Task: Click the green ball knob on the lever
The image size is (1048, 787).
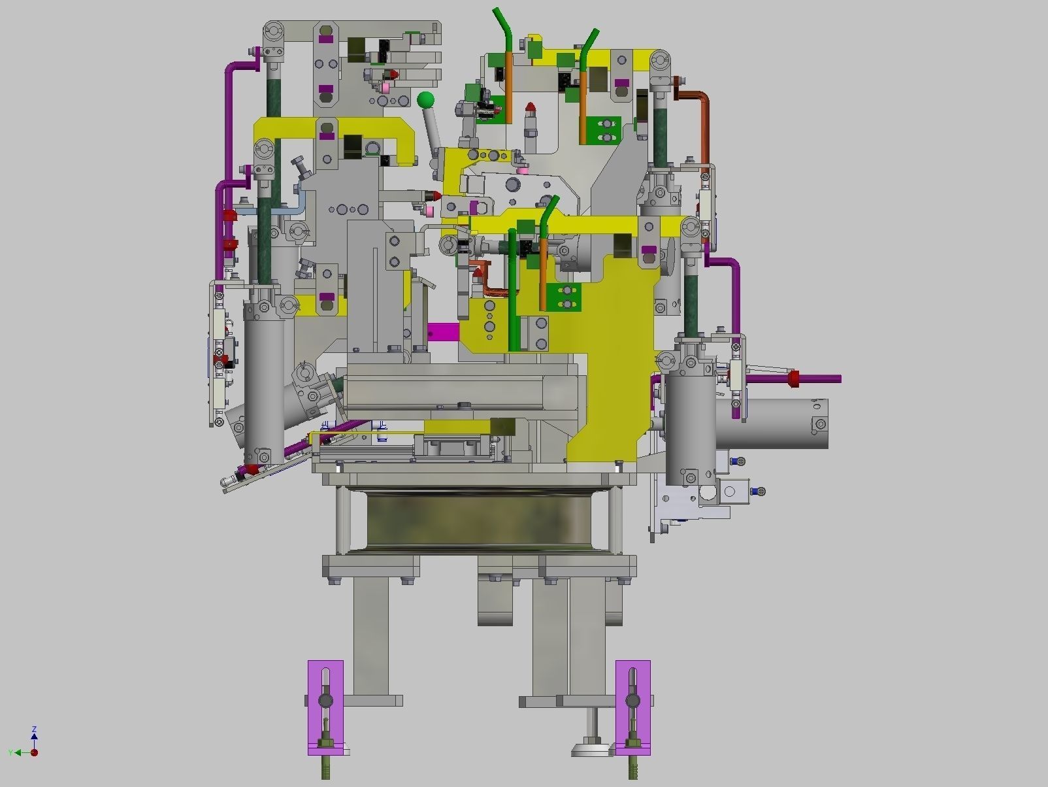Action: click(x=425, y=100)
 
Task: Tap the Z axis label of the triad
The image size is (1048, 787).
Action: click(x=34, y=729)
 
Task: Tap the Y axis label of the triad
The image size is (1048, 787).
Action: click(x=10, y=753)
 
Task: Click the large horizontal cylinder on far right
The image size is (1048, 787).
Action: click(x=778, y=424)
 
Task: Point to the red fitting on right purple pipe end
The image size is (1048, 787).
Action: click(x=794, y=378)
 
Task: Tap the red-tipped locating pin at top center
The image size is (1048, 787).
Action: click(x=531, y=107)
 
